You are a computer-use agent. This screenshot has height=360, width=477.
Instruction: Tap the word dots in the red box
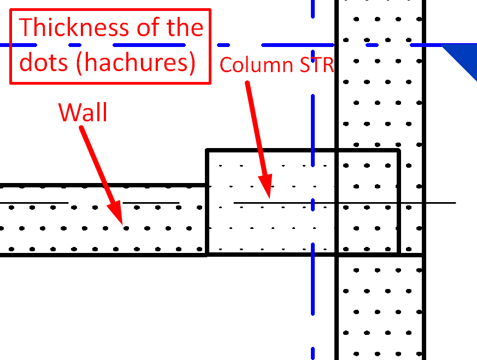tap(44, 62)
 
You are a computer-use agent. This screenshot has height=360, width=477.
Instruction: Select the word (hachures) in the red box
tap(136, 63)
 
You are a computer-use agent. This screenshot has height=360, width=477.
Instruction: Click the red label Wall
tap(83, 112)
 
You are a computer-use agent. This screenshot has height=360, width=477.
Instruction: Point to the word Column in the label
tap(256, 65)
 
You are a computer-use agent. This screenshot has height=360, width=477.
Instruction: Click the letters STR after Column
tap(317, 65)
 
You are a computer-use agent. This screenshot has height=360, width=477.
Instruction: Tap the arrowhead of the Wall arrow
tap(116, 213)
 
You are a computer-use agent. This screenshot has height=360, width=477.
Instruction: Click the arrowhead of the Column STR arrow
tap(266, 186)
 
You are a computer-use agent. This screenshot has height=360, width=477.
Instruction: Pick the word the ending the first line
tap(185, 27)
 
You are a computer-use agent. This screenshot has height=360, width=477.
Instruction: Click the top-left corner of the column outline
tap(207, 150)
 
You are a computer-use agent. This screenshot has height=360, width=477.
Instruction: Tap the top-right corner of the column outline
tap(398, 150)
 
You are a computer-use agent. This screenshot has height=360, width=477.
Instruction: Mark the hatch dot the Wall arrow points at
tap(126, 228)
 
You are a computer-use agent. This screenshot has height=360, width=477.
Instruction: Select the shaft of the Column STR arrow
tap(256, 128)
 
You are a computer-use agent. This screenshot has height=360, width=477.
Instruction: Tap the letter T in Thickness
tap(26, 27)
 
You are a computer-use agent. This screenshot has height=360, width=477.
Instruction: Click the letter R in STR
tap(328, 65)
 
